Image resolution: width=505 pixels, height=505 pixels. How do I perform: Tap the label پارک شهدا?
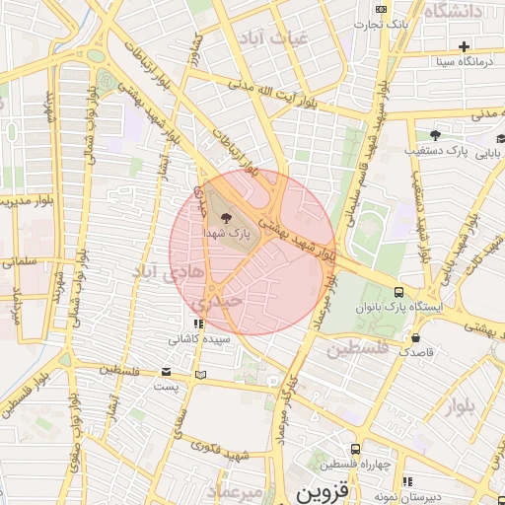point(227,235)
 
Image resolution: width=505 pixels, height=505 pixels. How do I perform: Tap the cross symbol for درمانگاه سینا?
point(464,46)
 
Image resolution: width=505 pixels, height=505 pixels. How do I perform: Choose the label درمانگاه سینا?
point(463,61)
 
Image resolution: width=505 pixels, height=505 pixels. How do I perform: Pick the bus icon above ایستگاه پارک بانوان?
point(398,292)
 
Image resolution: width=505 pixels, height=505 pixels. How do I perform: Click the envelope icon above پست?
point(166,372)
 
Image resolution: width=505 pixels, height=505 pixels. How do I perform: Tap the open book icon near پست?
point(202,375)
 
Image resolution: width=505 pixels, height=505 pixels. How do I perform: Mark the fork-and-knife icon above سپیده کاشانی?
point(198,323)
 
